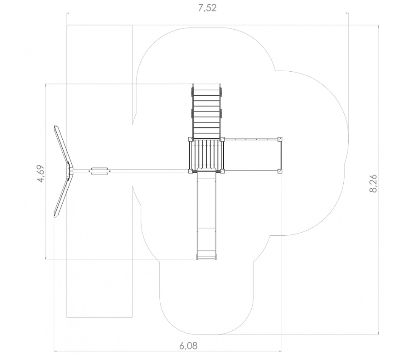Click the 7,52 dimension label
tap(207, 8)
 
